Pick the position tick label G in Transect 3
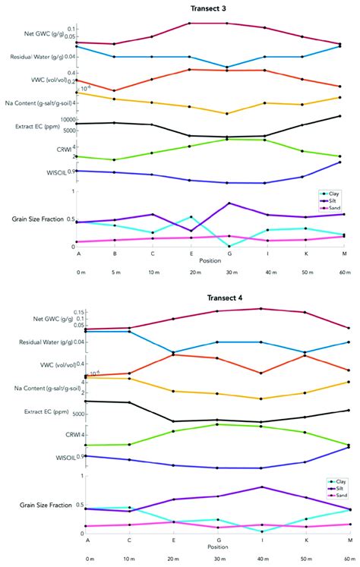point(229,254)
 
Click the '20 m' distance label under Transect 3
point(194,271)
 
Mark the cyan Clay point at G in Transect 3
point(229,245)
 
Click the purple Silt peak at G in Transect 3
point(229,203)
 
